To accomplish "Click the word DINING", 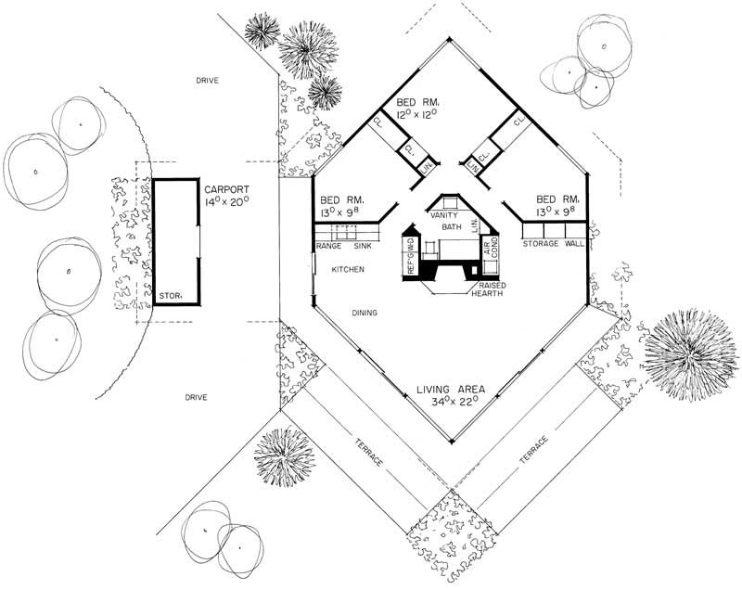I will [x=364, y=313].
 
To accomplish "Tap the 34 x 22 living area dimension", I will [x=454, y=403].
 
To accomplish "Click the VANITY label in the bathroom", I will [x=445, y=214].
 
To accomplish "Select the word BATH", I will [x=452, y=226].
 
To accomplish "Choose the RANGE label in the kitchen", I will [x=331, y=246].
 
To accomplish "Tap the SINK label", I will [x=363, y=246].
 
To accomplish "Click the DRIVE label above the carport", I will [x=207, y=81].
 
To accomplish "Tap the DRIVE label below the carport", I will [x=196, y=397].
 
